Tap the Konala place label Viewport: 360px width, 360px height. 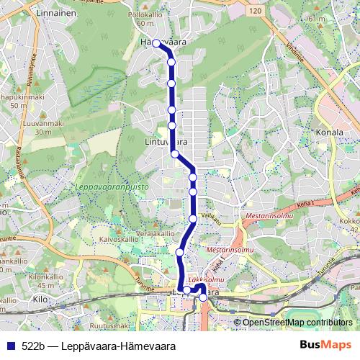click(x=330, y=132)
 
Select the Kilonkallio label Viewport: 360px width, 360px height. click(x=42, y=276)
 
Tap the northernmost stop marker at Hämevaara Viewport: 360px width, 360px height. click(x=156, y=43)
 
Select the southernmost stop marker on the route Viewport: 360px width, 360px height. click(x=203, y=297)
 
